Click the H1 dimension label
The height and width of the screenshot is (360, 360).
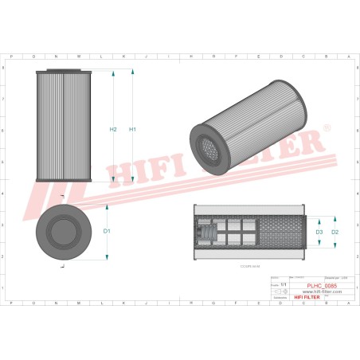point(133,129)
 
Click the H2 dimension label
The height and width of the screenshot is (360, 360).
point(113,129)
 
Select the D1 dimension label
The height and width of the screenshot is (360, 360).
point(107,231)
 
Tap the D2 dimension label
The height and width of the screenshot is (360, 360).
point(335,232)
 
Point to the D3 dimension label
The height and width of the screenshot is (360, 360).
point(319,232)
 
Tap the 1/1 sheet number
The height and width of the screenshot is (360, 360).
point(283,283)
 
